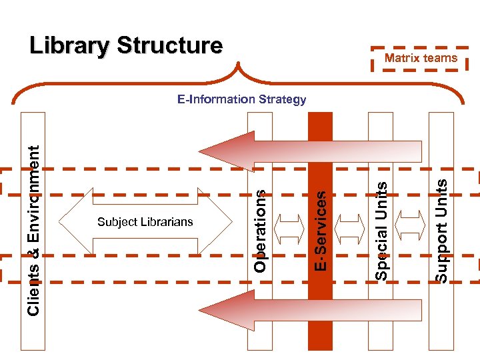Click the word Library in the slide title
click(70, 46)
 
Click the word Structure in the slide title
click(169, 46)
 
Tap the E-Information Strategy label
click(241, 100)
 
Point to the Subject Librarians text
click(145, 222)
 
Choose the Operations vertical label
click(261, 231)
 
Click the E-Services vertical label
click(321, 231)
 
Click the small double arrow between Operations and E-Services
click(291, 229)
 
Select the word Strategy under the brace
click(281, 100)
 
